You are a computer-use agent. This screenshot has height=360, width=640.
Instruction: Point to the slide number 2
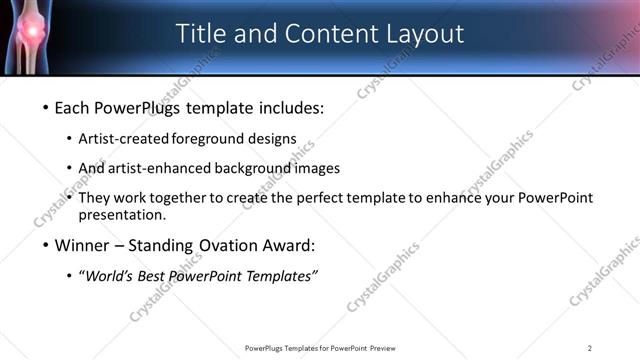tap(590, 348)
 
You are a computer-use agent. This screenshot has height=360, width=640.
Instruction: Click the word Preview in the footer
tap(388, 348)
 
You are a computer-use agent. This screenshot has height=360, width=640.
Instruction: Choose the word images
tap(318, 168)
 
